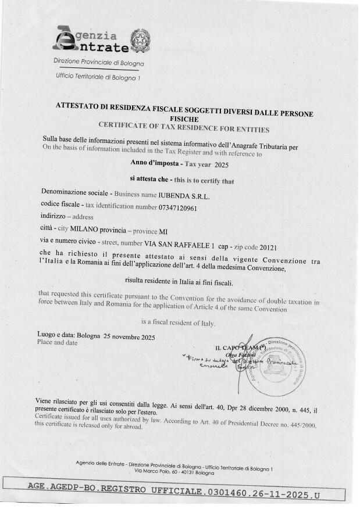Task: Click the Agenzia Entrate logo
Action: tap(87, 40)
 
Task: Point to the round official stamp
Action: tap(274, 365)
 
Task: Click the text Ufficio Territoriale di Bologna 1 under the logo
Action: tap(98, 76)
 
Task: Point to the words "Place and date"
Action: tap(57, 343)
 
